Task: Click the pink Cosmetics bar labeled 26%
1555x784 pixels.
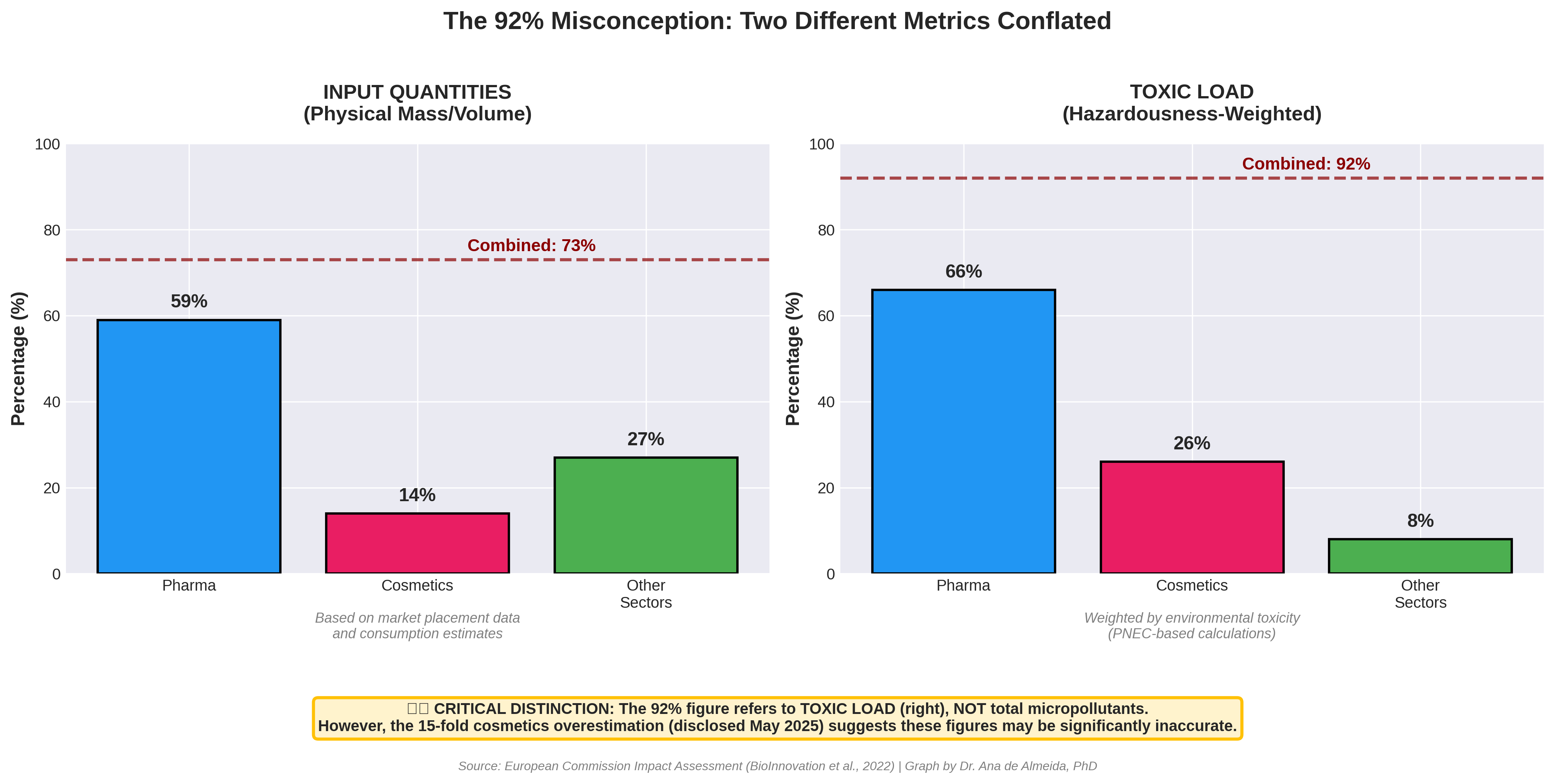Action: pyautogui.click(x=1192, y=517)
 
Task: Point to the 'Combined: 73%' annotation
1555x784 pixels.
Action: pyautogui.click(x=531, y=246)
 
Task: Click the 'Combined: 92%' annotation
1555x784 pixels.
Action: pyautogui.click(x=1306, y=164)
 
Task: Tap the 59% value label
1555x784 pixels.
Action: pyautogui.click(x=189, y=301)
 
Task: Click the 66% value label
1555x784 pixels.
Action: pyautogui.click(x=963, y=272)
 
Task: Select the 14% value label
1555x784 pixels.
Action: pyautogui.click(x=417, y=495)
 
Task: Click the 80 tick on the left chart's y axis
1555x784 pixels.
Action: pyautogui.click(x=52, y=230)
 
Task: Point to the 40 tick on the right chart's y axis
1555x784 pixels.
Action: pyautogui.click(x=826, y=402)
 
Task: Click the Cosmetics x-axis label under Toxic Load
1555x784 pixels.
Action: pyautogui.click(x=1192, y=585)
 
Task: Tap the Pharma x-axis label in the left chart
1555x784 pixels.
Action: pyautogui.click(x=189, y=585)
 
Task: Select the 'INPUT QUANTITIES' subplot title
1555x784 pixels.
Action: pyautogui.click(x=417, y=92)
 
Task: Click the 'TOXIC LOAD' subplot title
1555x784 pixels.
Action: pyautogui.click(x=1192, y=92)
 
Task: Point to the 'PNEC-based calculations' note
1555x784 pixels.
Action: pyautogui.click(x=1192, y=634)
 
